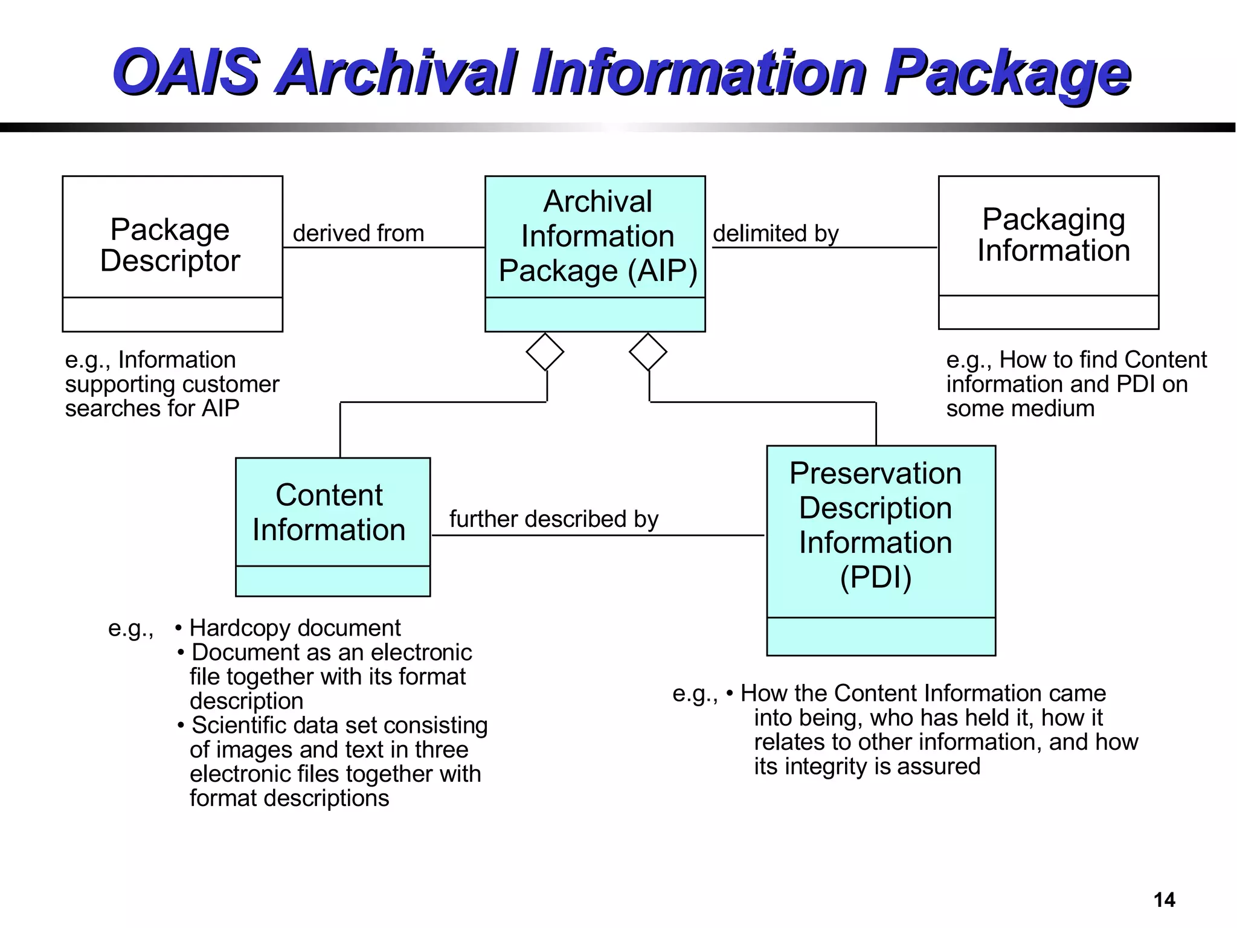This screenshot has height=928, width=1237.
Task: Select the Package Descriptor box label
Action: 170,245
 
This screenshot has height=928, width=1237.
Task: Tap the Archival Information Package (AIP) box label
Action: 597,236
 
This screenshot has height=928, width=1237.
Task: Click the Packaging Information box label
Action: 1053,234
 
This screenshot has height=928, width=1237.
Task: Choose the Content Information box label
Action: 329,512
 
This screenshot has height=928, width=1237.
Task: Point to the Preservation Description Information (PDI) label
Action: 875,524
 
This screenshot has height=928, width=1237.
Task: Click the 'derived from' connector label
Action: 358,233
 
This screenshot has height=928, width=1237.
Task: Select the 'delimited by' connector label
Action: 776,233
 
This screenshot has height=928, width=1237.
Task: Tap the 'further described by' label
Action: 553,519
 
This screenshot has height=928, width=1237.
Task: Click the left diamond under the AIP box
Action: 545,352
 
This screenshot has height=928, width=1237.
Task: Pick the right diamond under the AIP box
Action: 648,352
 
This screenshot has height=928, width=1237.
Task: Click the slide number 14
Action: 1164,900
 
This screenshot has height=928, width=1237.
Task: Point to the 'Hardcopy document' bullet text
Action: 295,628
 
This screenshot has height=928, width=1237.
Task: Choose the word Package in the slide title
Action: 1007,72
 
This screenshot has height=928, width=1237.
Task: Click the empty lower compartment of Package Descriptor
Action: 173,314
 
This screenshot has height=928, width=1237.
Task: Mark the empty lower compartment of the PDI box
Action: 881,636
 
